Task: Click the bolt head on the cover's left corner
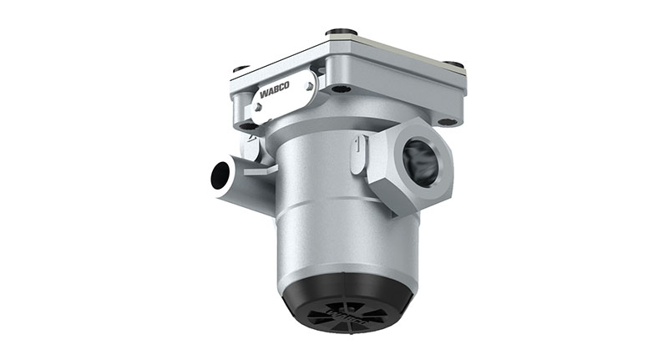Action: [x=240, y=68]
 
